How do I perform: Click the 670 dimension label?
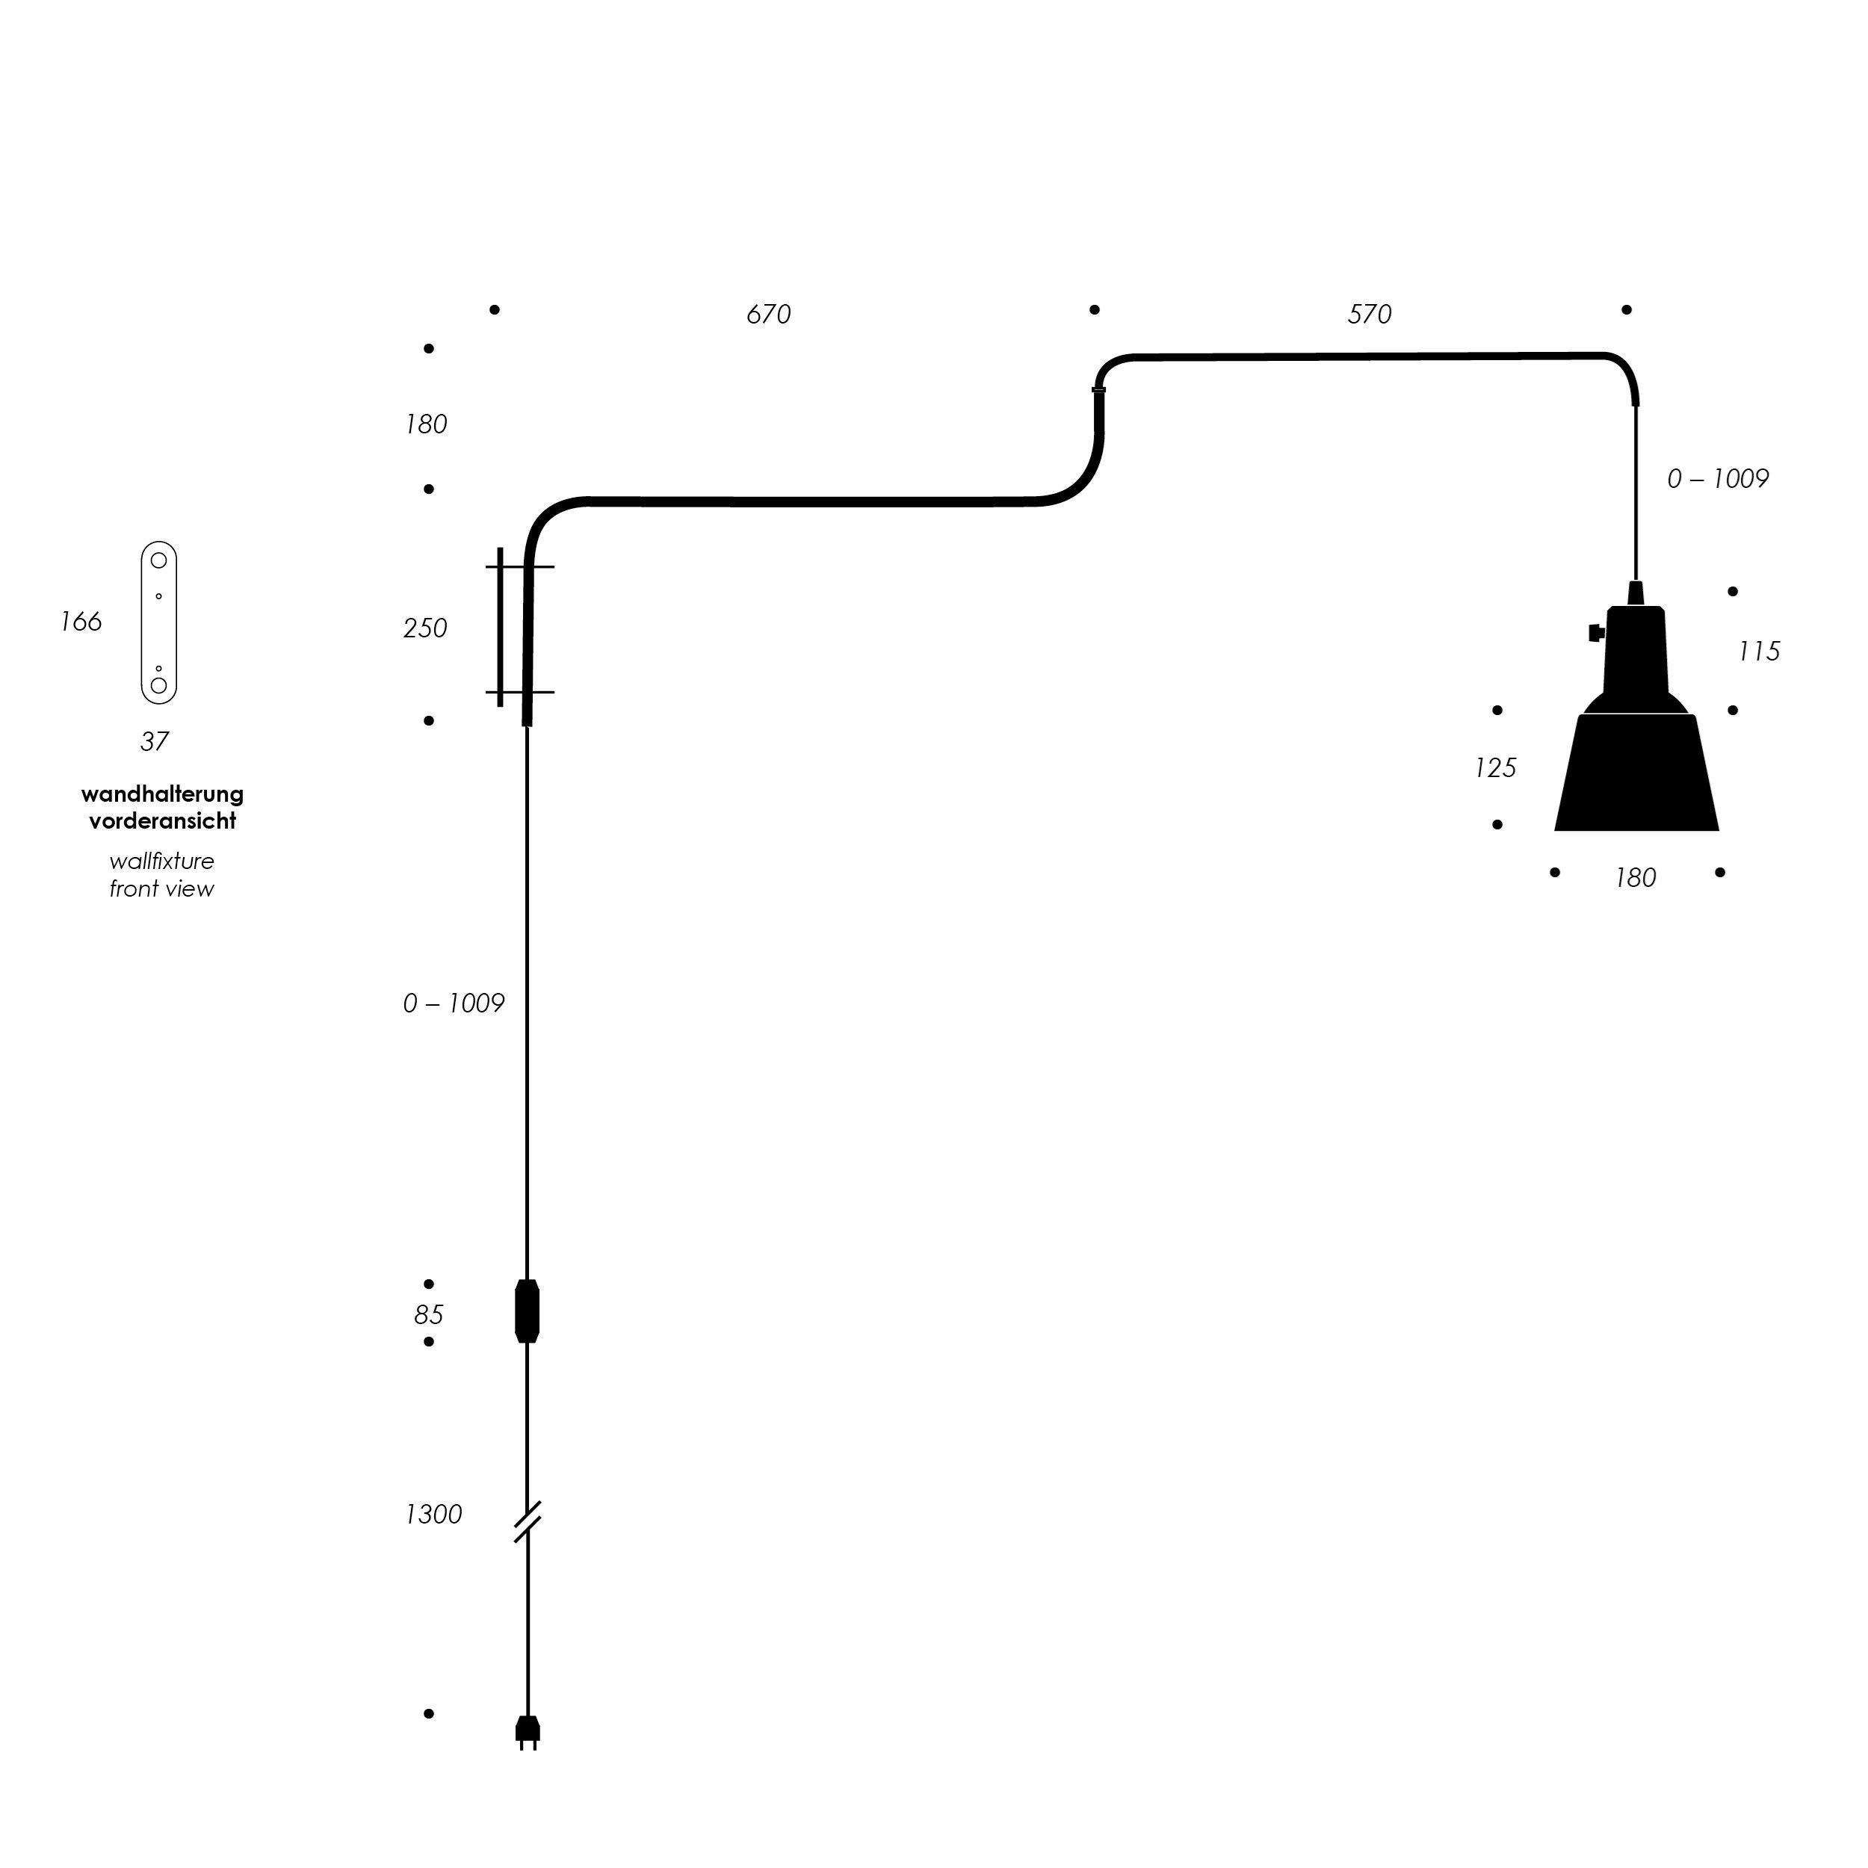(x=769, y=315)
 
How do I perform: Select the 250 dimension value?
(x=425, y=628)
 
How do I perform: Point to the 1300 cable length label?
(x=433, y=1514)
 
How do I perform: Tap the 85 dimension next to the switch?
(x=428, y=1315)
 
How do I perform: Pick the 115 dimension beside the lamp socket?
(x=1759, y=652)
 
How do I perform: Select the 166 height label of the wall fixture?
(x=81, y=622)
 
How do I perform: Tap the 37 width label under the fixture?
(x=155, y=741)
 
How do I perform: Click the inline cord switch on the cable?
(x=527, y=1312)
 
